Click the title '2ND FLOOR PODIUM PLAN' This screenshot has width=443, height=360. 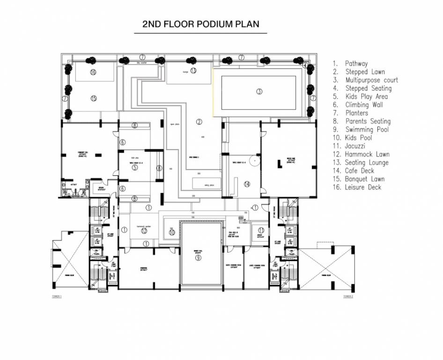[x=200, y=24]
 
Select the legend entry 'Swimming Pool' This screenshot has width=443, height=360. [x=367, y=129]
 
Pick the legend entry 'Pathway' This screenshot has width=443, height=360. [x=356, y=63]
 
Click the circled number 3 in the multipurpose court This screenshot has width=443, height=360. [x=259, y=91]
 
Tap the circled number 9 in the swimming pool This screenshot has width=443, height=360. [x=199, y=258]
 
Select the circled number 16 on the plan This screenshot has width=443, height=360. [x=93, y=72]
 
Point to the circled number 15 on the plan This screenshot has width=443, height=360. [x=93, y=98]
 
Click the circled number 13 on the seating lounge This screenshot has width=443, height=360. [x=193, y=70]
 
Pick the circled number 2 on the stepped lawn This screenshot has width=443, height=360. [x=199, y=122]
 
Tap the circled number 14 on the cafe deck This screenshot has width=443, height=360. [x=247, y=184]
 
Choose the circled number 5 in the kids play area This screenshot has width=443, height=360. [x=134, y=167]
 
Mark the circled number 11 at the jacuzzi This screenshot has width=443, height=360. [x=261, y=230]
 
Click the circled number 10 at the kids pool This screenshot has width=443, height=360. [x=172, y=232]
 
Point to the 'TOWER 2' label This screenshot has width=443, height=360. [x=347, y=297]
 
